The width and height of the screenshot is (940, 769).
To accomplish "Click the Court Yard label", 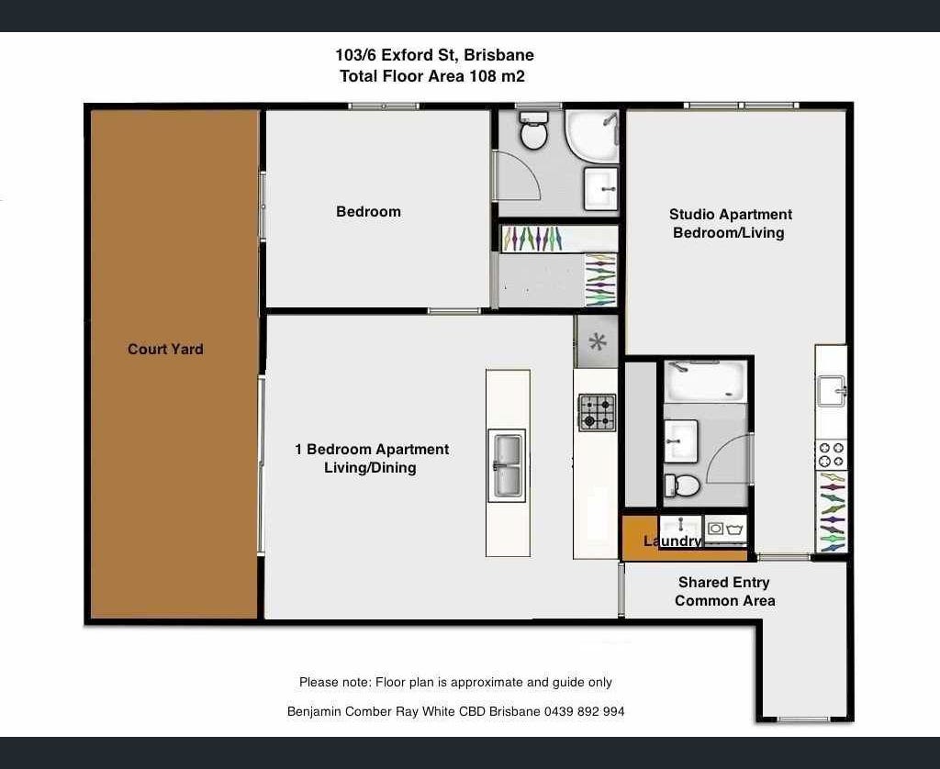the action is pyautogui.click(x=165, y=350).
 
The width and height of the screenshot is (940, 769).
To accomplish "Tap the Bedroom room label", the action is pyautogui.click(x=368, y=212).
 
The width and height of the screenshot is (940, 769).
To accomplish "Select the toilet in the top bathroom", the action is pyautogui.click(x=533, y=130).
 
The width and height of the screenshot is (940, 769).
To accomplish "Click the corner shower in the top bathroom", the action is pyautogui.click(x=592, y=136).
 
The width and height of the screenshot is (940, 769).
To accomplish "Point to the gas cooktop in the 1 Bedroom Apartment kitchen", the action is pyautogui.click(x=597, y=412).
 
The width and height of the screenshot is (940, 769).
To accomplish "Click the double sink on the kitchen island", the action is pyautogui.click(x=507, y=466).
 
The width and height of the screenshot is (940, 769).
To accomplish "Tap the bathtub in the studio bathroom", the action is pyautogui.click(x=705, y=381).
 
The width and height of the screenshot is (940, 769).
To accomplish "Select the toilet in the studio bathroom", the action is pyautogui.click(x=682, y=485).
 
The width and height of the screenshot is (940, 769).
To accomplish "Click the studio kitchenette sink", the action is pyautogui.click(x=832, y=391).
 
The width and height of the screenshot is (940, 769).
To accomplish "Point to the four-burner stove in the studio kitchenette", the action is pyautogui.click(x=831, y=455).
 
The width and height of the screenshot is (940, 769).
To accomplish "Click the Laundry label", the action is pyautogui.click(x=672, y=541).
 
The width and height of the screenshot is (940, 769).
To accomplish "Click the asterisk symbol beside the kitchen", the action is pyautogui.click(x=597, y=341).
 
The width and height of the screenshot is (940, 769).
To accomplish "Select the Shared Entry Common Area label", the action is pyautogui.click(x=724, y=592).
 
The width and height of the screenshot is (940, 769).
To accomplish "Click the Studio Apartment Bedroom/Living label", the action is pyautogui.click(x=730, y=224).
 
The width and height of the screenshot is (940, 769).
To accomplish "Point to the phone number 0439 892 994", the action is pyautogui.click(x=584, y=711).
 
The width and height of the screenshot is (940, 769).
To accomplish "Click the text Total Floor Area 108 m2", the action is pyautogui.click(x=432, y=76).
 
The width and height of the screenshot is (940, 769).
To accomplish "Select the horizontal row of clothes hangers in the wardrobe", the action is pyautogui.click(x=532, y=239).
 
